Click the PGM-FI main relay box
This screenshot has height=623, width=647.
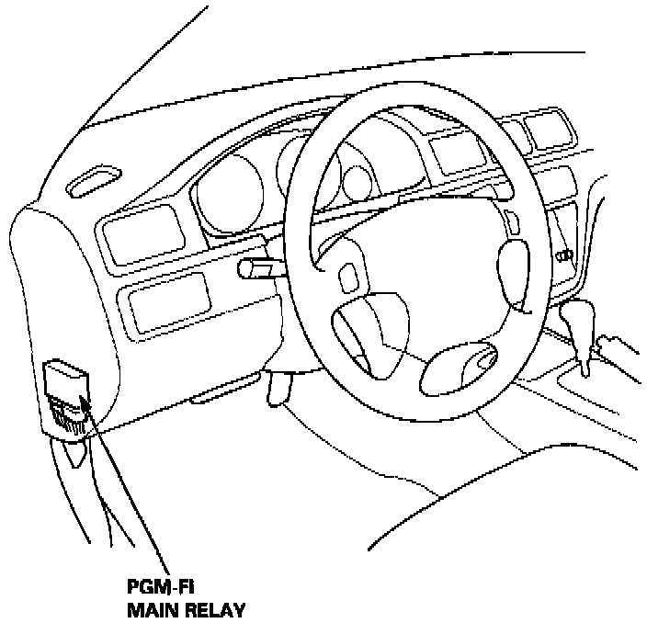tap(67, 381)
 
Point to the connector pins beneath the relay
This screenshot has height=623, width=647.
tap(69, 416)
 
